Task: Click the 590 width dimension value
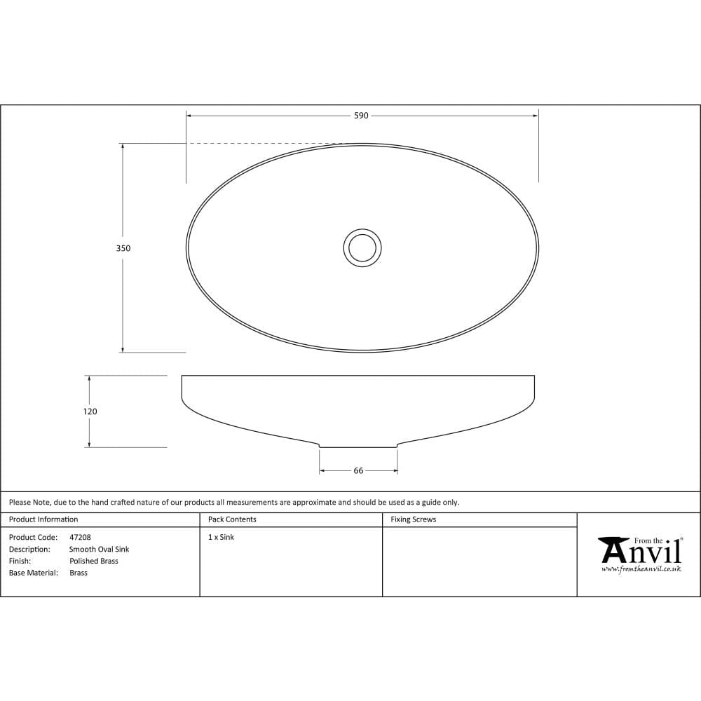pos(361,116)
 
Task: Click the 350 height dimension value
pos(123,248)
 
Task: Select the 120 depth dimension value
pos(90,412)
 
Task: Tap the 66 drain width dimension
pos(358,471)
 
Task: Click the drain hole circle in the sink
pos(362,247)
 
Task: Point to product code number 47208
pos(80,538)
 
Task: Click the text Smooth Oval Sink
pos(99,550)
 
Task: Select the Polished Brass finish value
pos(94,562)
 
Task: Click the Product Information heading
pos(43,519)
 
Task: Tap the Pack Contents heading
pos(232,519)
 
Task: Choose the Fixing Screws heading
pos(413,519)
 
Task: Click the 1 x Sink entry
pos(222,538)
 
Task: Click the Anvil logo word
pos(641,552)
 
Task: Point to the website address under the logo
pos(641,569)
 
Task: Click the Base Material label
pos(34,573)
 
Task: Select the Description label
pos(29,550)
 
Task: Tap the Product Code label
pos(33,538)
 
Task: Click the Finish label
pos(20,562)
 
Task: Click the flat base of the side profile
pos(358,447)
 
